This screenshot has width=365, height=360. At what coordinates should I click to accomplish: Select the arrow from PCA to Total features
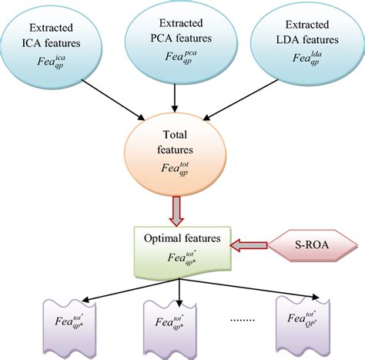178,95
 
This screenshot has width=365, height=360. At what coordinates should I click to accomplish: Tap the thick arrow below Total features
179,207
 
